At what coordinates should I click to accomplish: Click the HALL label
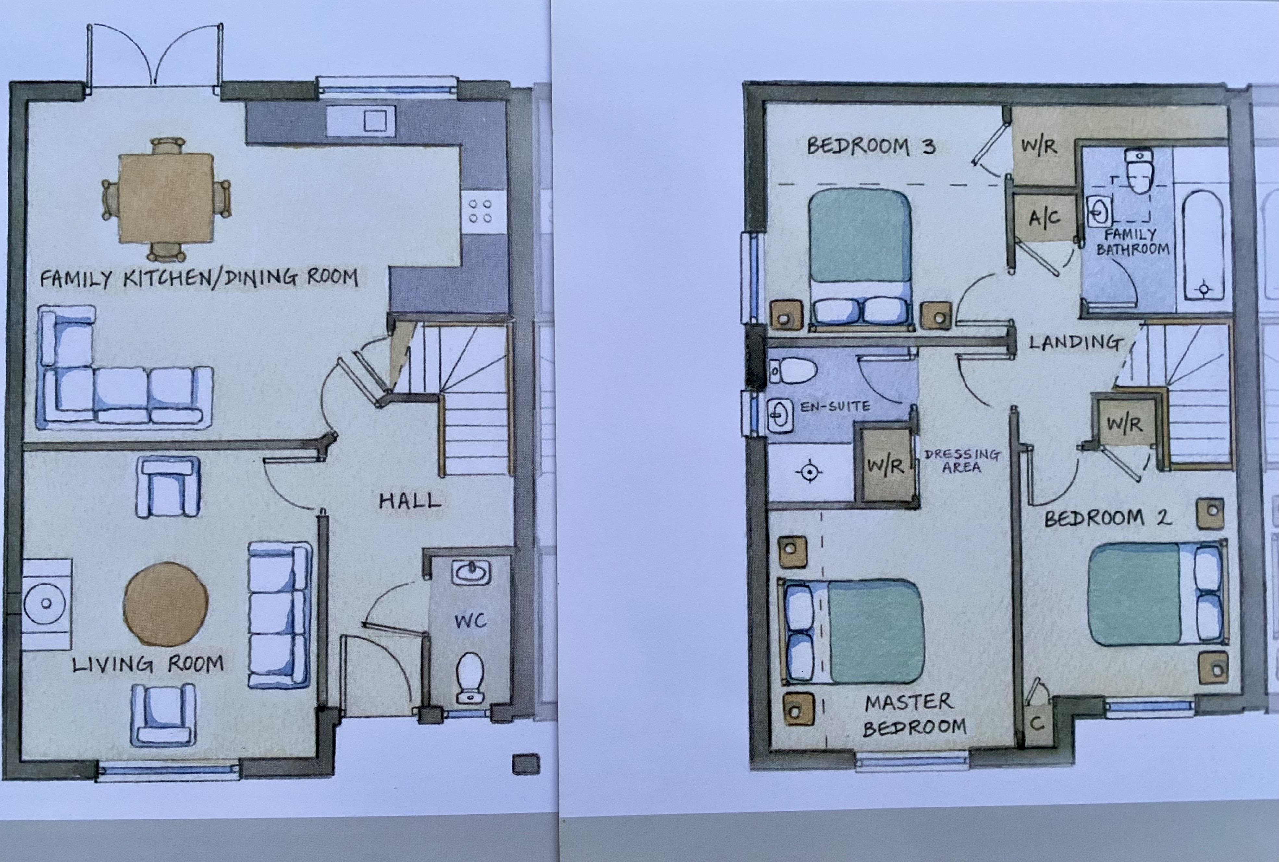410,500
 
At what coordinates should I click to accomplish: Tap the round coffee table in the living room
166,604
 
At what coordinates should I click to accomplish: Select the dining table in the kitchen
166,198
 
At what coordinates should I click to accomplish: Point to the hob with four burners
480,212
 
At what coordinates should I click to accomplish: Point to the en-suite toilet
792,371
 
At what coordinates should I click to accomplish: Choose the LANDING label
1075,342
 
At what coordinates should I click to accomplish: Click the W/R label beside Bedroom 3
1039,146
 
